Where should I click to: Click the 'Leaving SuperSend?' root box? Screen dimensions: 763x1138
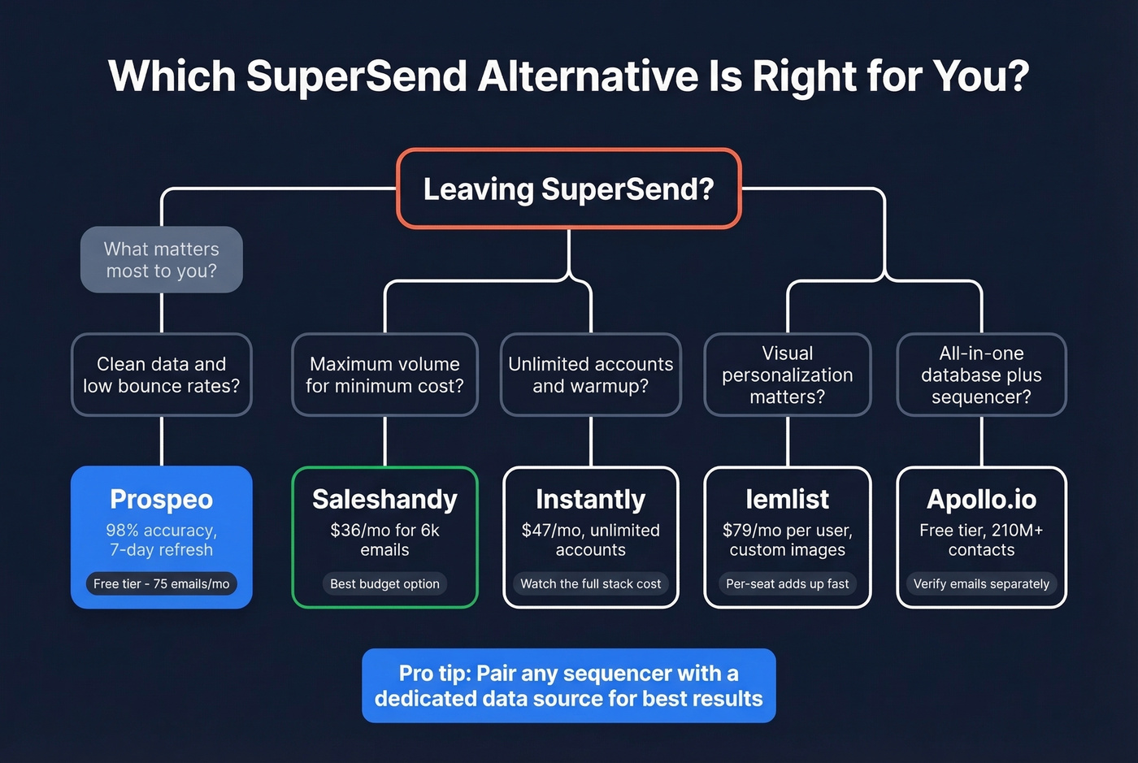coord(568,189)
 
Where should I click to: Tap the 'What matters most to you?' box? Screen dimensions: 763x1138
coord(161,260)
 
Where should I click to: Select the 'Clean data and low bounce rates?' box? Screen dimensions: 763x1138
coord(161,375)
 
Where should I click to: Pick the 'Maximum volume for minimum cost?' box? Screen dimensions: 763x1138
coord(384,375)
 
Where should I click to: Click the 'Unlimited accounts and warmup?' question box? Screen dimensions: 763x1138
coord(591,375)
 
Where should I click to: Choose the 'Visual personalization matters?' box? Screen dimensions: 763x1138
coord(787,375)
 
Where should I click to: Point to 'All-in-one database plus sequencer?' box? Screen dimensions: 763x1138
coord(981,375)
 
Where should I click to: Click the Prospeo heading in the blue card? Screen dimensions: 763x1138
coord(161,499)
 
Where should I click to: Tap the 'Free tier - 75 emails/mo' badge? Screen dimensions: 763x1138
coord(161,583)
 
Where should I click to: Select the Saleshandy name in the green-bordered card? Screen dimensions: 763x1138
coord(384,499)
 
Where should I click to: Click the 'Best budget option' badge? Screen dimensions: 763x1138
coord(384,583)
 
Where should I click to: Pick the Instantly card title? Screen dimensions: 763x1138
coord(591,499)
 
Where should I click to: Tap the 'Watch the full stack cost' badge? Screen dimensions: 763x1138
coord(591,583)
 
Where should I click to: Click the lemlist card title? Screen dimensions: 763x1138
coord(787,499)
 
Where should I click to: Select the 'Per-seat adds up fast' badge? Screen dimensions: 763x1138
coord(787,583)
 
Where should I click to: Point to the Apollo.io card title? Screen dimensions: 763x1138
coord(981,499)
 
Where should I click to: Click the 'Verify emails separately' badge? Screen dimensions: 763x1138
coord(981,583)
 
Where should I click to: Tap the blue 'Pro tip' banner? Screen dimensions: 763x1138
coord(568,685)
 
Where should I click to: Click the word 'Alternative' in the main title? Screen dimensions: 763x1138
coord(587,76)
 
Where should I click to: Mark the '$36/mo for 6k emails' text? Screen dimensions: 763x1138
coord(384,540)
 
